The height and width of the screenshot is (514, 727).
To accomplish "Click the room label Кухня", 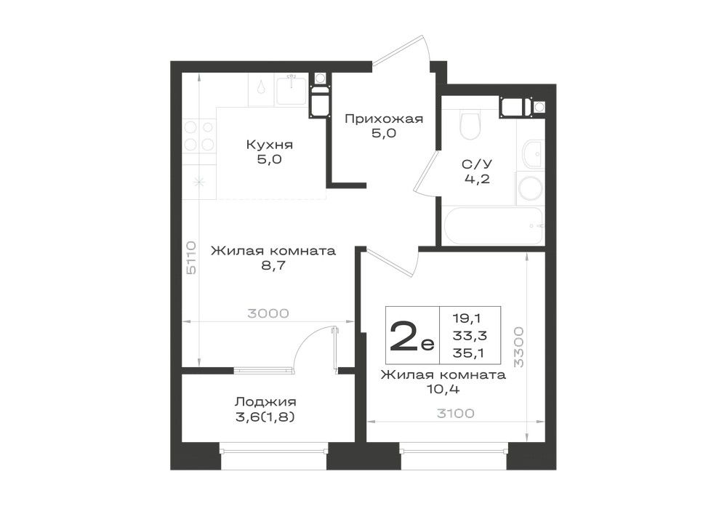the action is (x=269, y=145).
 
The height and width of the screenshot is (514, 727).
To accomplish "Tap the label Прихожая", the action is (x=384, y=119).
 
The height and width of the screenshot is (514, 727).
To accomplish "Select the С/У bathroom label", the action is (x=477, y=164).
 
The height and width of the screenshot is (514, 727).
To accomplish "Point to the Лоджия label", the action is (x=265, y=401).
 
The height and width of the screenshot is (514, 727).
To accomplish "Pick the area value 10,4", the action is (x=443, y=389).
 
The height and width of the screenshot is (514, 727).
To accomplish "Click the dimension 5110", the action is (x=191, y=257).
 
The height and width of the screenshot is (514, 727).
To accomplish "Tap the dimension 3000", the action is (x=268, y=313).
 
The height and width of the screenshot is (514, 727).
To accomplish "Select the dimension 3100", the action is (x=455, y=413).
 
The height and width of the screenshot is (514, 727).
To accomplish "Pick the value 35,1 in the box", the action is (x=469, y=353).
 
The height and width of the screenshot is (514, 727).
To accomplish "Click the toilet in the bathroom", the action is (x=470, y=124).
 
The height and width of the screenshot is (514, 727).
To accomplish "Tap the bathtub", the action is (x=493, y=225).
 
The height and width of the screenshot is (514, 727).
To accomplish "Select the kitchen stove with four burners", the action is (x=199, y=135).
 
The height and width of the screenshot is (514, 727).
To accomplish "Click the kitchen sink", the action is (x=292, y=90).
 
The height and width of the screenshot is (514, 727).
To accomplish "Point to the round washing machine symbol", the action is (x=530, y=188).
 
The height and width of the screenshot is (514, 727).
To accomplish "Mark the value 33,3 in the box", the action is (x=470, y=336).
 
